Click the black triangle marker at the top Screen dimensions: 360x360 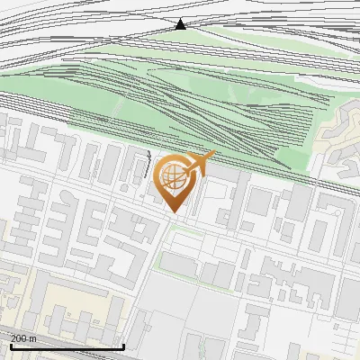point(180,24)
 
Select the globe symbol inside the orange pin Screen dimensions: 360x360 point(174,177)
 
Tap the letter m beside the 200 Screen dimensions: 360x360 point(33,338)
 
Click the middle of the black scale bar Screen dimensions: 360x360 point(67,346)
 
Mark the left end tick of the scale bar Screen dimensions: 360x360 point(10,345)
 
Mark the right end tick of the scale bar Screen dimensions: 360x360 point(123,345)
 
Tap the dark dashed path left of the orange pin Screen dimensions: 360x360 point(147,166)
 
